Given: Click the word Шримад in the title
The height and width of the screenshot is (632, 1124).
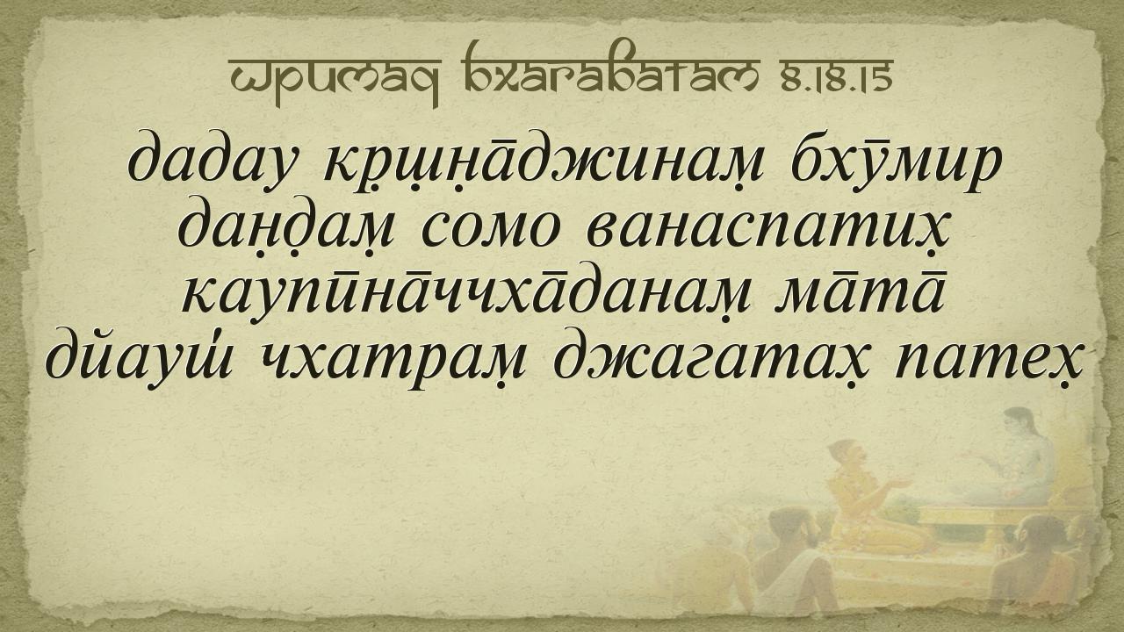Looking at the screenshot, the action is pos(335,80).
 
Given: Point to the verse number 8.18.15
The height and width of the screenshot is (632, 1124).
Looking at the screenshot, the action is pos(836,75).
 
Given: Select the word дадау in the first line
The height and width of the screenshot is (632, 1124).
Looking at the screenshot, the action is pos(211,162).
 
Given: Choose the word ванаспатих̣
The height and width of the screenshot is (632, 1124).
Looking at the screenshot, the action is pos(767,229).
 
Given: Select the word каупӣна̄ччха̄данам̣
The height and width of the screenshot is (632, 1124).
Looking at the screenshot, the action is pos(466,294).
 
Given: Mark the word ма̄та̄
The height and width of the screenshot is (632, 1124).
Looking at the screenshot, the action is pos(860,292).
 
